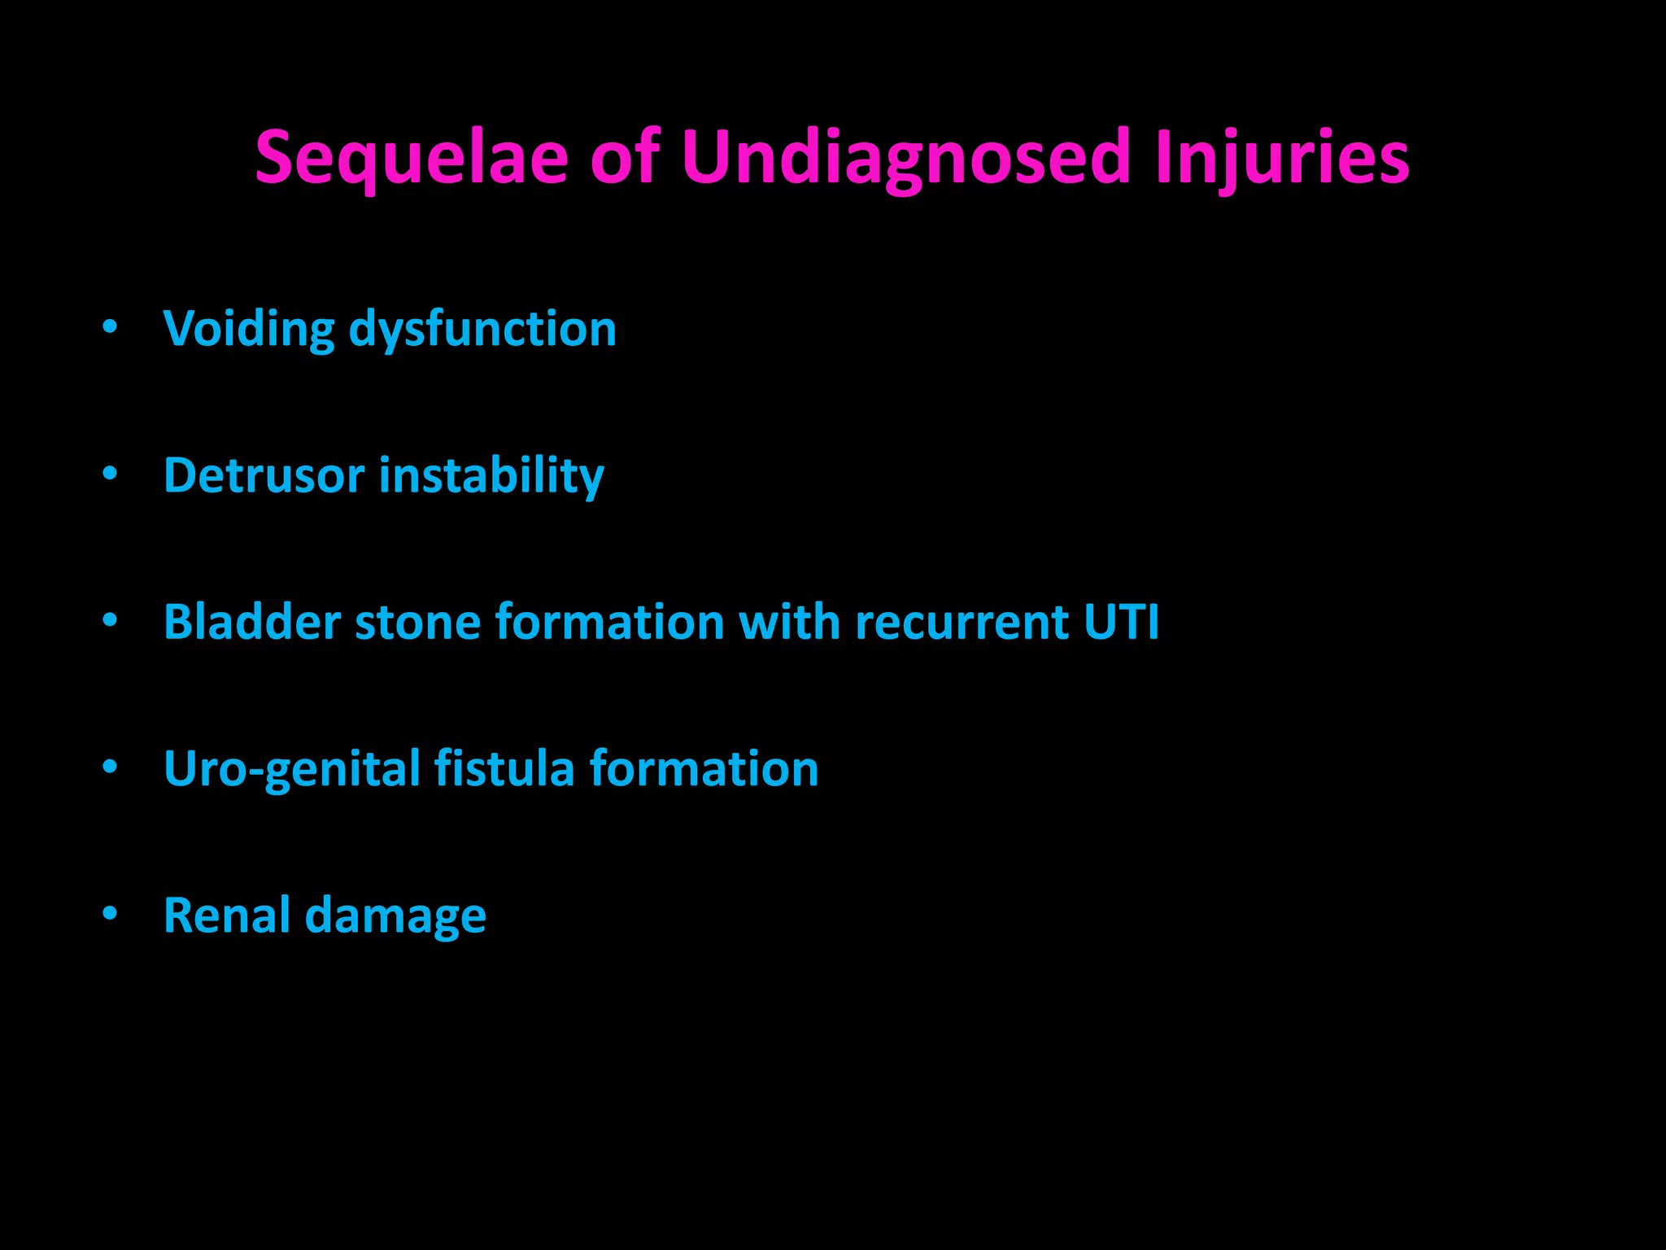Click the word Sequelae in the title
[411, 158]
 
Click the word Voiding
[249, 330]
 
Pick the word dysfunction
[482, 330]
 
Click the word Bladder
[252, 623]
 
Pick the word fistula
[504, 769]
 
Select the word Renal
[227, 916]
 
